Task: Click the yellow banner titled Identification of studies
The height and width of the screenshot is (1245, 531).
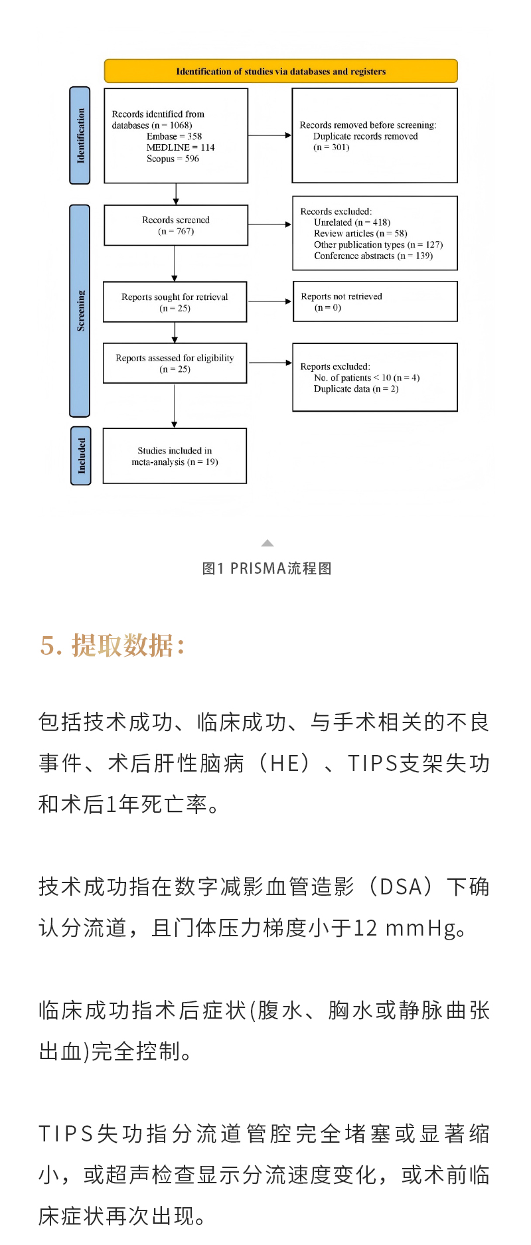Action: point(281,71)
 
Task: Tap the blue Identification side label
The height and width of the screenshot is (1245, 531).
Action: point(80,135)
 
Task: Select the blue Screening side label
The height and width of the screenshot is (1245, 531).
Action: point(80,311)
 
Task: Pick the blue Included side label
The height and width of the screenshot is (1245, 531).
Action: point(81,456)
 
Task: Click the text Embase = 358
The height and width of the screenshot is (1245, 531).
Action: point(174,136)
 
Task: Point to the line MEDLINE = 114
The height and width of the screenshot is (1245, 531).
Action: point(181,147)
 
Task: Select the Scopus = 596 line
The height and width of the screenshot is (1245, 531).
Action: point(173,159)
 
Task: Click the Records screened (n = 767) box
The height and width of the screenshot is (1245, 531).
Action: point(176,226)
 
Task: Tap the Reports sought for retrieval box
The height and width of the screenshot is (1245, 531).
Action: point(175,302)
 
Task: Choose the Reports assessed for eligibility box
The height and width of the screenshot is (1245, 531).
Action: point(175,363)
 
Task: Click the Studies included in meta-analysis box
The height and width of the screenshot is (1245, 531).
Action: point(175,456)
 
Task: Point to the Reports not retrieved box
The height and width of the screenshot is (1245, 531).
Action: point(375,301)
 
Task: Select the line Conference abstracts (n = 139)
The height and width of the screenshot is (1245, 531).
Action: point(373,256)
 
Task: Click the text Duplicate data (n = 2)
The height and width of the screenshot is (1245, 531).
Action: point(356,389)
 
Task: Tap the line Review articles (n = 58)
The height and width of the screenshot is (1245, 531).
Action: point(360,234)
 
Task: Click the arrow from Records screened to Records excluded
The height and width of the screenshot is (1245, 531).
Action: point(269,225)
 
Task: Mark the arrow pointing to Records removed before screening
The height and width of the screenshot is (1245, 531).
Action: point(269,135)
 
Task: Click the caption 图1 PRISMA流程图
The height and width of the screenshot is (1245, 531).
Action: point(267,568)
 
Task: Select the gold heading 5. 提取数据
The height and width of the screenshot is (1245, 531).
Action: point(112,645)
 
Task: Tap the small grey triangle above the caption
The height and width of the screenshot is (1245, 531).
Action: point(267,543)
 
